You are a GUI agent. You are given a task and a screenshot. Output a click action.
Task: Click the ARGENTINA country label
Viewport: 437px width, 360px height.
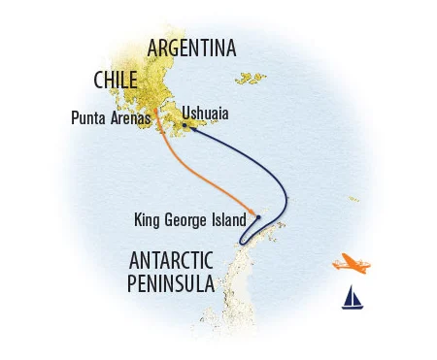click(190, 48)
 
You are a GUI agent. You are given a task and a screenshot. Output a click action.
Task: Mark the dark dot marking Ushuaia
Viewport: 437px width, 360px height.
click(185, 124)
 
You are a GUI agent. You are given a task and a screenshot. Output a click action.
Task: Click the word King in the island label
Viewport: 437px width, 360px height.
click(147, 220)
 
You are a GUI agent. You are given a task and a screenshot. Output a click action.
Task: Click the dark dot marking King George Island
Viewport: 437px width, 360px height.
click(257, 216)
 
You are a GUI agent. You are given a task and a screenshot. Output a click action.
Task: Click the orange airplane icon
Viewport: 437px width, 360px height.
click(349, 263)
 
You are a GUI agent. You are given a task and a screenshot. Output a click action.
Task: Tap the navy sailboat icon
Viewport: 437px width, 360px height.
click(352, 297)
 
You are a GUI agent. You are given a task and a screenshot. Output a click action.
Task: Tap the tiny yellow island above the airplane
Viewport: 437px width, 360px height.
click(353, 199)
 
